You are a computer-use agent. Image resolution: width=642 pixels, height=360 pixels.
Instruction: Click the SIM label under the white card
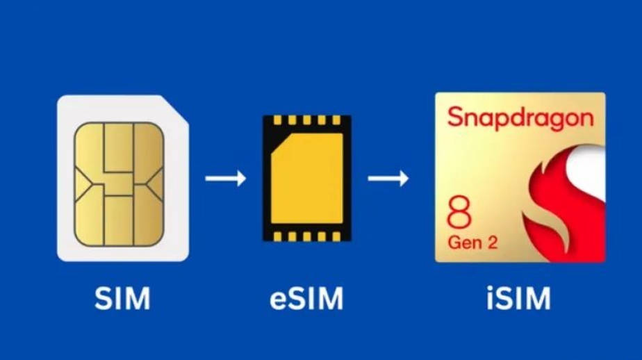coord(122,298)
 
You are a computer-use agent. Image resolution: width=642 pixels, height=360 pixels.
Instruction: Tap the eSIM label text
coord(306,298)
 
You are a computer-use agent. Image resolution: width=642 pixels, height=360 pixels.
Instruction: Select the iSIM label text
coord(519,298)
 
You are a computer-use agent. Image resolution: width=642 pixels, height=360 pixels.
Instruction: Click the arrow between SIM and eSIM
coord(226,178)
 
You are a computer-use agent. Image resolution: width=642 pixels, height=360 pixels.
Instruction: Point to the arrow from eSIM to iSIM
coord(388,178)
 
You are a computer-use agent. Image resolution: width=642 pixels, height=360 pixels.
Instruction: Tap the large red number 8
coord(459,215)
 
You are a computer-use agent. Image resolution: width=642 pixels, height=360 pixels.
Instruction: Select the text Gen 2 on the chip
coord(472,244)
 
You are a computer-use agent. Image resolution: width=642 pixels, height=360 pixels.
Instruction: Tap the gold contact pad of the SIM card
coord(119,184)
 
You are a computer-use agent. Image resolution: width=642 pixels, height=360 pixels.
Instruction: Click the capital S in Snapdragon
coord(455,116)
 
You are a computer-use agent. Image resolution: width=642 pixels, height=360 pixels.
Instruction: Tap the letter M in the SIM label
coord(136,298)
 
